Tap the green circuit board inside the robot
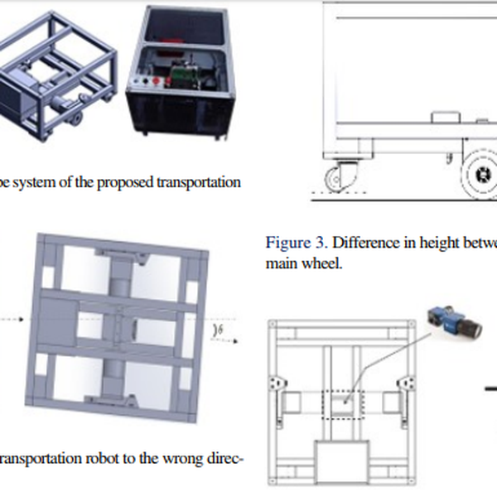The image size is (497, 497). [x=180, y=79]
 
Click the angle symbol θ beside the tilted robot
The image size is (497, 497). [x=220, y=330]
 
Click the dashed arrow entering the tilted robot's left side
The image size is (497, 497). [x=13, y=318]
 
